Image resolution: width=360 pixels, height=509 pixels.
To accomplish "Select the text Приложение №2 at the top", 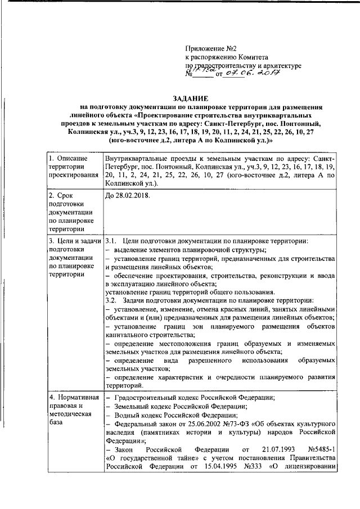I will coord(212,48).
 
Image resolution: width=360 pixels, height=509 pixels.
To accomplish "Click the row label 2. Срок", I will coord(62,196).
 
